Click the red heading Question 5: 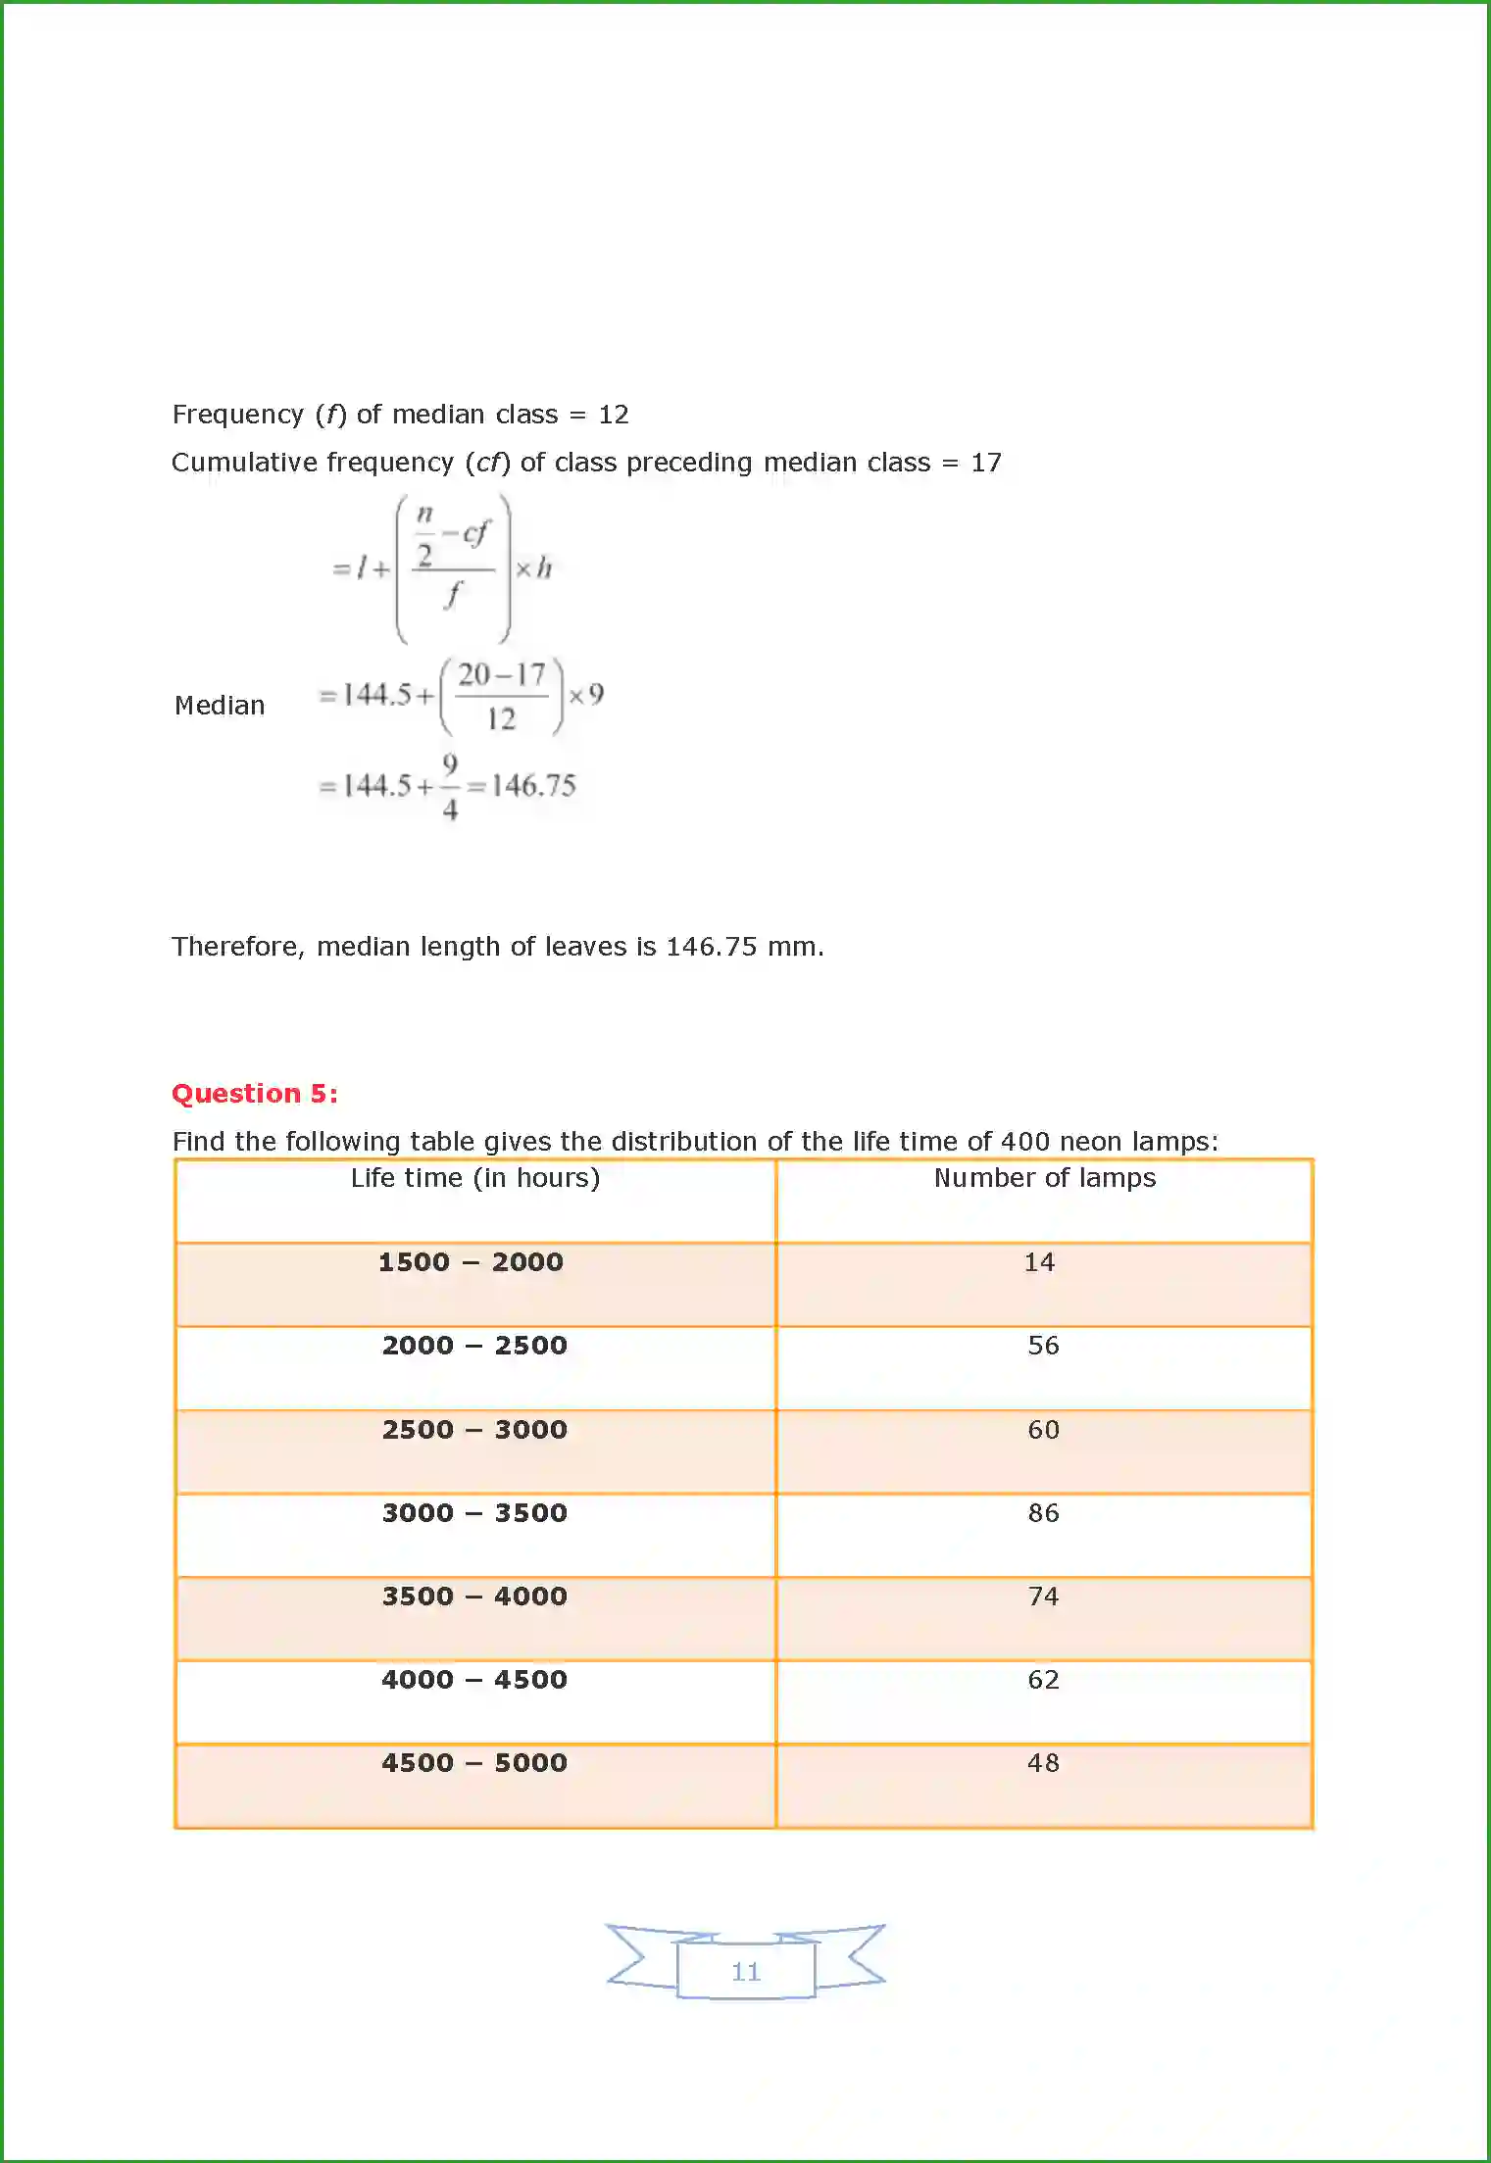pos(255,1094)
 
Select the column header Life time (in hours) pos(475,1178)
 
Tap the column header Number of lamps pos(1044,1178)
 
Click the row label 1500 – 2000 pos(471,1262)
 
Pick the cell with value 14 pos(1039,1262)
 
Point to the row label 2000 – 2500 pos(474,1346)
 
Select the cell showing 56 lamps pos(1043,1346)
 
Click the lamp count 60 pos(1043,1430)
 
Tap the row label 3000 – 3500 pos(474,1513)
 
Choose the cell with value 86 pos(1043,1513)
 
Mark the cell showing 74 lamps pos(1043,1597)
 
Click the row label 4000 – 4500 pos(474,1680)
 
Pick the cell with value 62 pos(1043,1680)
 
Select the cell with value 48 pos(1043,1763)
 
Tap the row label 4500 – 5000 pos(474,1763)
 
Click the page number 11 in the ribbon pos(746,1972)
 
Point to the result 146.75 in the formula pos(533,786)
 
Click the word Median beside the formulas pos(220,706)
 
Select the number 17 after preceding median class pos(986,463)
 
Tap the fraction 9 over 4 pos(450,786)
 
